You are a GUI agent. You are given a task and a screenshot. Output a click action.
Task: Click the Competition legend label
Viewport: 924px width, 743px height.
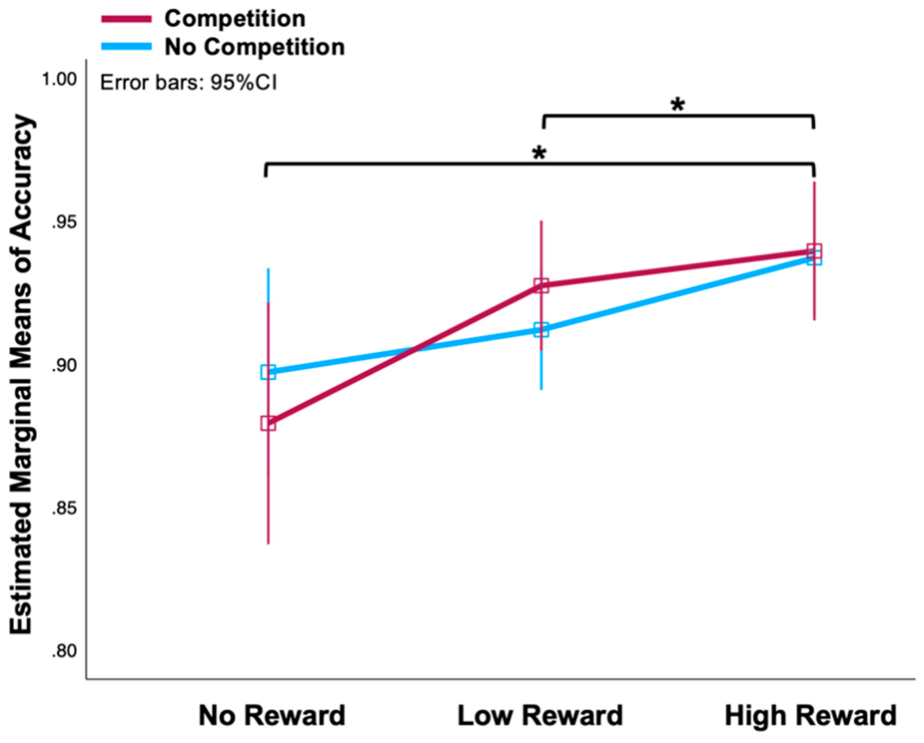pyautogui.click(x=235, y=19)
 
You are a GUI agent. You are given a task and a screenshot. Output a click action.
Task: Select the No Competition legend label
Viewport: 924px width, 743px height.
pyautogui.click(x=255, y=47)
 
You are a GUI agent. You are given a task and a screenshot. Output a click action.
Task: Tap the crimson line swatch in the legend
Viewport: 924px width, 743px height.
pyautogui.click(x=127, y=19)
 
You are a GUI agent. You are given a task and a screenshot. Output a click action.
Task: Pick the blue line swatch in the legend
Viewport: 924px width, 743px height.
pyautogui.click(x=127, y=47)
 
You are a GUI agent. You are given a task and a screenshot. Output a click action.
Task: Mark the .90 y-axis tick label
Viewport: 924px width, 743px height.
pyautogui.click(x=64, y=366)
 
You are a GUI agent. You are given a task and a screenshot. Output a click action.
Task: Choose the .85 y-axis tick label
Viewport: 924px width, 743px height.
pyautogui.click(x=64, y=509)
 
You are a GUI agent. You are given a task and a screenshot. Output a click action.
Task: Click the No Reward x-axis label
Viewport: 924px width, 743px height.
pyautogui.click(x=272, y=716)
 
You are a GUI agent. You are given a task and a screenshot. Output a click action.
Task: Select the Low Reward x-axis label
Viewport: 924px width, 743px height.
pyautogui.click(x=540, y=716)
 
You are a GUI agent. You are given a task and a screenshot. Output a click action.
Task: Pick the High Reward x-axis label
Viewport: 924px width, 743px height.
pyautogui.click(x=811, y=716)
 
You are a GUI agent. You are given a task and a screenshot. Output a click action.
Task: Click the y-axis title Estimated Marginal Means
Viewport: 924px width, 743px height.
pyautogui.click(x=21, y=375)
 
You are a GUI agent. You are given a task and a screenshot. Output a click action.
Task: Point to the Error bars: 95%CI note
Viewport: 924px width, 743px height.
pyautogui.click(x=189, y=83)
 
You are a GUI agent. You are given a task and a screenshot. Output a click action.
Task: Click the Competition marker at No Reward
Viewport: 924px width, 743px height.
pyautogui.click(x=268, y=423)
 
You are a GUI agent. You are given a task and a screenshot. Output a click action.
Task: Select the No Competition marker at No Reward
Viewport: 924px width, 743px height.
pyautogui.click(x=268, y=372)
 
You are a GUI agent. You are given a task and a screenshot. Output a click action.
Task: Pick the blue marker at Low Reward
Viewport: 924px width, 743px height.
pyautogui.click(x=541, y=330)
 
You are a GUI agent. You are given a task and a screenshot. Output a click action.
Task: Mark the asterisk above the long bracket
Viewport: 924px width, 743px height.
pyautogui.click(x=539, y=153)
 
